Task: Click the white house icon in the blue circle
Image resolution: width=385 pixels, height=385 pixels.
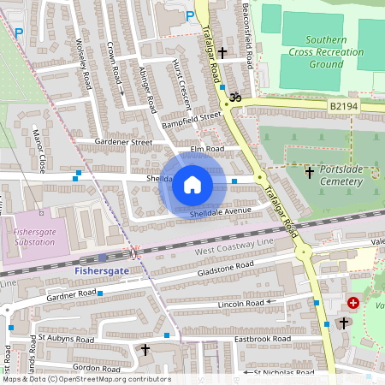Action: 192,183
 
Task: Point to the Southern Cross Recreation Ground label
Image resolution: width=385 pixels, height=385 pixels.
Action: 327,51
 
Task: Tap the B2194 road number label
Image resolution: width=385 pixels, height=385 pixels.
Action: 342,106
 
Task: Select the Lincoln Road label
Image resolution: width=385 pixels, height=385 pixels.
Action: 242,303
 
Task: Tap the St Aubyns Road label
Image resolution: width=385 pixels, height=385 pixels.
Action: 66,340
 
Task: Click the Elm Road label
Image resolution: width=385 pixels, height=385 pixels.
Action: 206,148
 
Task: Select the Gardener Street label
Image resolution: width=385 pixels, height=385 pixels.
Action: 123,142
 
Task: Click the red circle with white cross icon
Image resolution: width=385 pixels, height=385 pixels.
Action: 353,303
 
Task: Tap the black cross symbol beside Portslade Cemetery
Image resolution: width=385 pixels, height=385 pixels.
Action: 309,172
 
